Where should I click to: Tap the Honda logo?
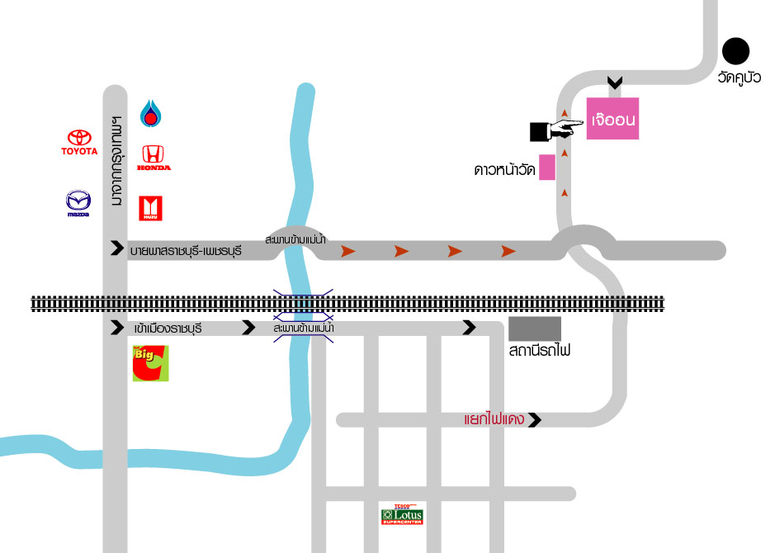click(153, 158)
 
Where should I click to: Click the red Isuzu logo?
click(150, 209)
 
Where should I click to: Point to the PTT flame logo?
click(149, 113)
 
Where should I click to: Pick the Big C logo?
click(150, 364)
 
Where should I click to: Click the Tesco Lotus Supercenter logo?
click(402, 516)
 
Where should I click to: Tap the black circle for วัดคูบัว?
click(735, 51)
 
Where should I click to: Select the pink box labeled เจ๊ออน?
click(613, 119)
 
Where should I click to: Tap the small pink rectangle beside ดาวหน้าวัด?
click(546, 168)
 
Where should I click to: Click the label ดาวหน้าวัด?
click(504, 171)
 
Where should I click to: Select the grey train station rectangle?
click(534, 328)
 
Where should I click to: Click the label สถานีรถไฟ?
click(541, 351)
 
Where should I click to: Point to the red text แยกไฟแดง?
click(494, 420)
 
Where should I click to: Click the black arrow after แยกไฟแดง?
click(535, 420)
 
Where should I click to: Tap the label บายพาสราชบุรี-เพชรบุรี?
click(186, 248)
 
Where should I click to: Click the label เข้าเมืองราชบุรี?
click(168, 328)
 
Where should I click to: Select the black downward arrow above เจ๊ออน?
click(613, 83)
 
